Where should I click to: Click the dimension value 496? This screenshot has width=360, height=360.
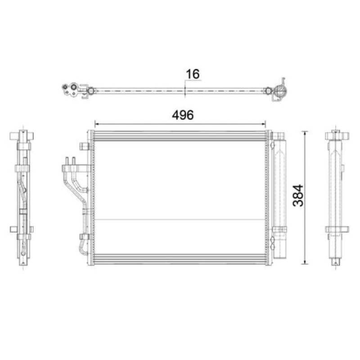click(183, 115)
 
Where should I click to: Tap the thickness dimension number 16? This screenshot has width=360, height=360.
click(193, 74)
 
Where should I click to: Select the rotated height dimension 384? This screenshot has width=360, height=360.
click(298, 195)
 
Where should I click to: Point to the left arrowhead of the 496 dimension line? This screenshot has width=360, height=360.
click(97, 124)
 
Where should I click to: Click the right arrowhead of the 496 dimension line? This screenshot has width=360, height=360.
click(264, 124)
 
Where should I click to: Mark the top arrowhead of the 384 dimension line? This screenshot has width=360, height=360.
click(305, 133)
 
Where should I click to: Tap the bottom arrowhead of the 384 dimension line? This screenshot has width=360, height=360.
click(305, 262)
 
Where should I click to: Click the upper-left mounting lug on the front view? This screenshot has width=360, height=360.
click(84, 146)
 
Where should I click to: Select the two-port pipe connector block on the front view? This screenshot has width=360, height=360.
click(75, 168)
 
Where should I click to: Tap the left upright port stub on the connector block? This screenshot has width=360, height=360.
click(67, 161)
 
